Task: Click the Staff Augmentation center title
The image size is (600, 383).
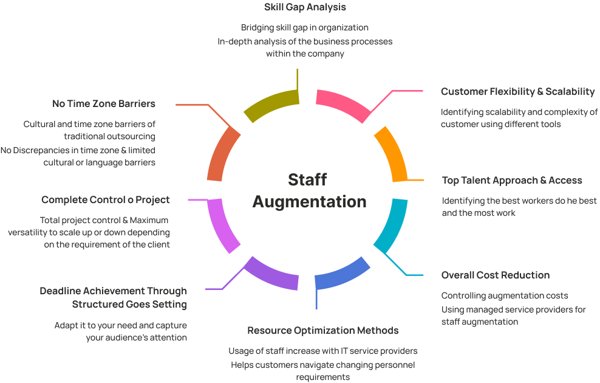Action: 309,190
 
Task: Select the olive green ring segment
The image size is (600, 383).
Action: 270,103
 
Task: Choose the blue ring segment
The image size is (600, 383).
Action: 343,275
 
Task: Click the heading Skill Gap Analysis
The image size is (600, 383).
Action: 305,8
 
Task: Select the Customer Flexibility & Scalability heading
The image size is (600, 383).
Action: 517,92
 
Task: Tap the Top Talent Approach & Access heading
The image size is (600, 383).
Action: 512,181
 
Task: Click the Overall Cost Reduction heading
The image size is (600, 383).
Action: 495,275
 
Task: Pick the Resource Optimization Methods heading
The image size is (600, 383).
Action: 322,331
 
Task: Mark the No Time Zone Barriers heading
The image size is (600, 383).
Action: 104,104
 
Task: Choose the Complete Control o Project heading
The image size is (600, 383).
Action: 106,200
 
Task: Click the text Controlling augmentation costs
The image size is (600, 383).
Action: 504,296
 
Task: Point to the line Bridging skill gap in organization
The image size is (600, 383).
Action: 304,27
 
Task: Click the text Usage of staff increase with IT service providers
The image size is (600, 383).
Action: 322,351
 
